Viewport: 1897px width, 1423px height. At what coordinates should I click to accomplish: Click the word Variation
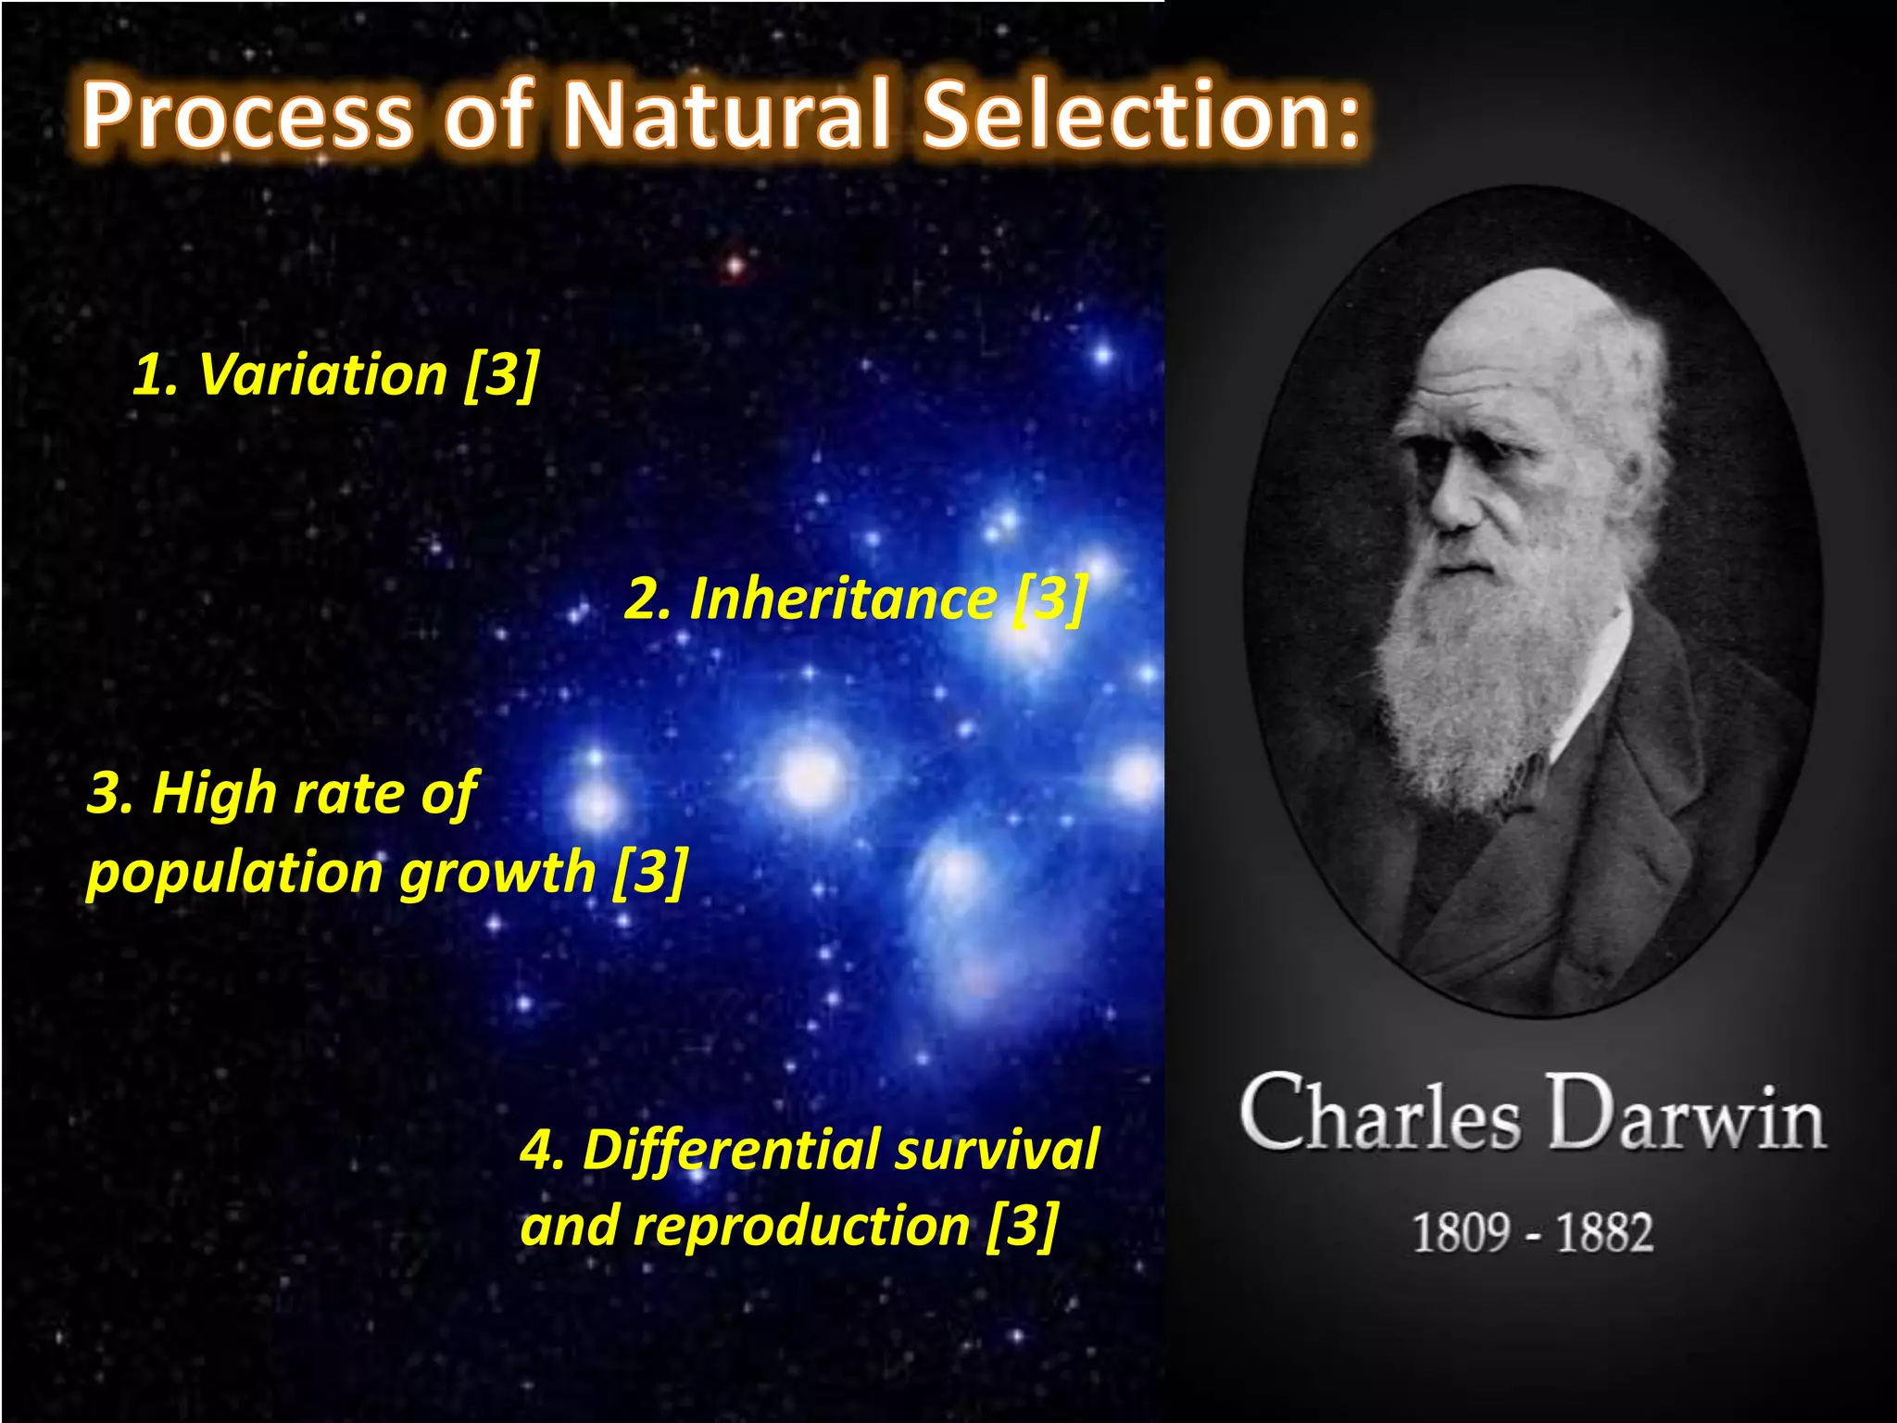click(323, 375)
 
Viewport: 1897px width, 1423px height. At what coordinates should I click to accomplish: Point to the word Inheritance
click(843, 599)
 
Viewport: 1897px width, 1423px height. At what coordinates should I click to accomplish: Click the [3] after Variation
click(501, 375)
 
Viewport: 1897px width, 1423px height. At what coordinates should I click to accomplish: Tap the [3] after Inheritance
click(1050, 599)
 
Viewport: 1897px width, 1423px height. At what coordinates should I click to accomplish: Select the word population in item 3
click(235, 874)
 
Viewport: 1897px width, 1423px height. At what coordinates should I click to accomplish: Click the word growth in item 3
click(497, 874)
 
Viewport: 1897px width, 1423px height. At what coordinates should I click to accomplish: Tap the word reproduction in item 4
click(801, 1227)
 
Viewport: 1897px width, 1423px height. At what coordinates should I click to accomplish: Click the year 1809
click(1460, 1233)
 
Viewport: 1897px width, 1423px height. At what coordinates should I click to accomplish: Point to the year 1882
click(1603, 1233)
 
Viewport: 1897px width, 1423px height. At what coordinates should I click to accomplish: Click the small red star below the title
click(735, 267)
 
